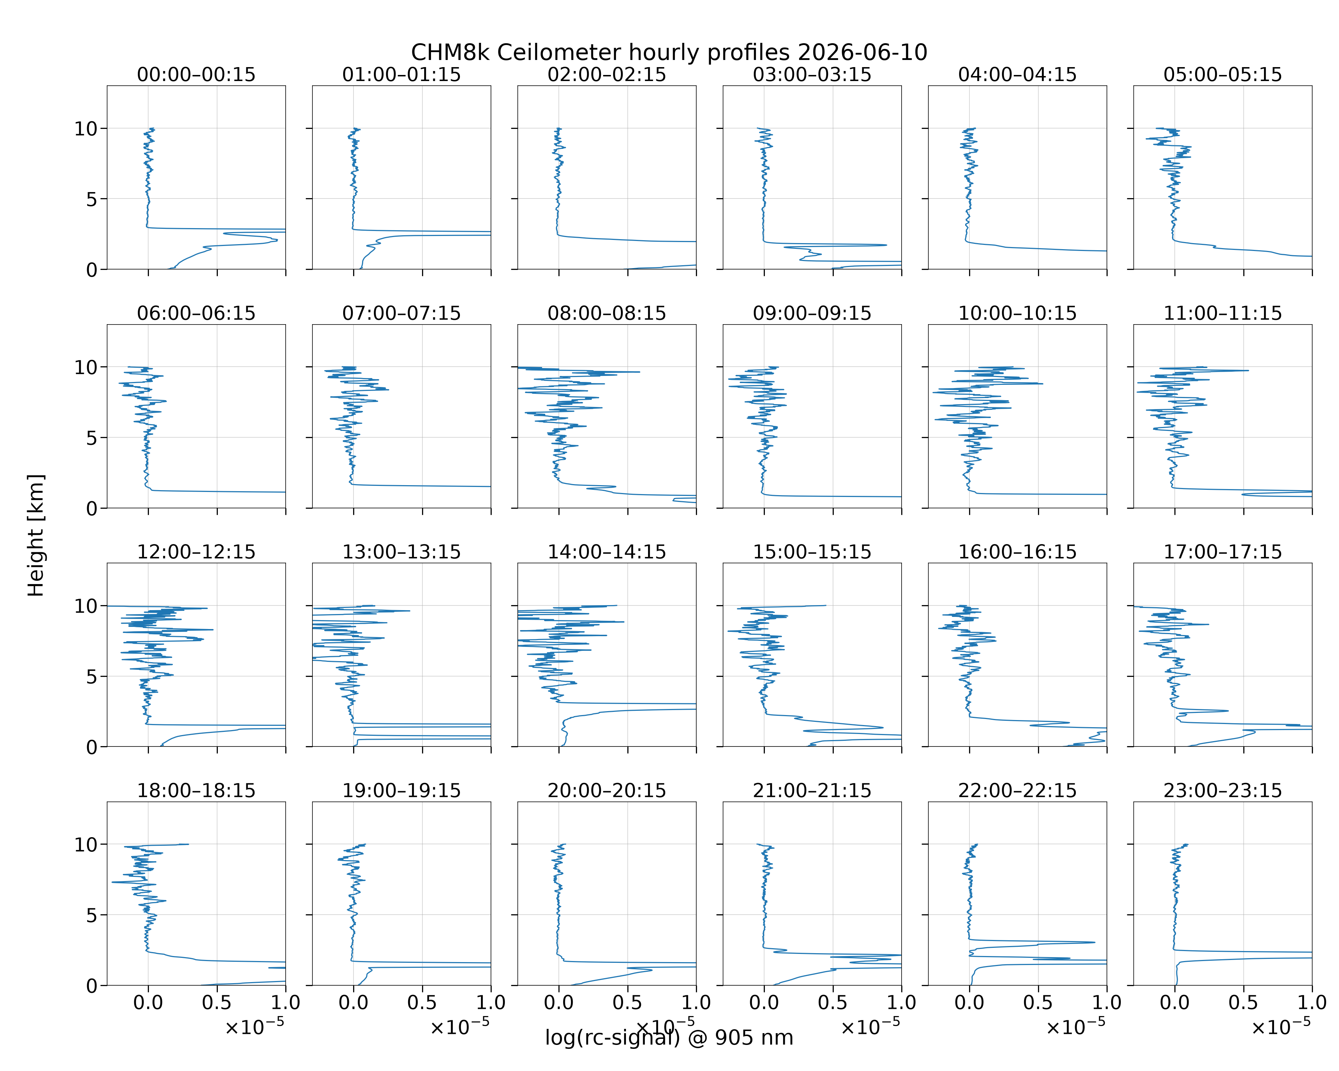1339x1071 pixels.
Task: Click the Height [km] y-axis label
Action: pyautogui.click(x=35, y=535)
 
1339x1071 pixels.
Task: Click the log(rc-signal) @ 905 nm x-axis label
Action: pyautogui.click(x=669, y=1037)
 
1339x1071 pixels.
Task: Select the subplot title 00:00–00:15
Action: pyautogui.click(x=196, y=75)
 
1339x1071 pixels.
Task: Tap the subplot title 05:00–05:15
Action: pyautogui.click(x=1222, y=75)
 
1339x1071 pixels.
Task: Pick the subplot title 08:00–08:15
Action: pyautogui.click(x=607, y=313)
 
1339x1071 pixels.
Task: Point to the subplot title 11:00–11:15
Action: pyautogui.click(x=1222, y=313)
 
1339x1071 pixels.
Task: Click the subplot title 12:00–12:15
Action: pyautogui.click(x=196, y=552)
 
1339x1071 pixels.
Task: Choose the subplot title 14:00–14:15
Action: pyautogui.click(x=607, y=552)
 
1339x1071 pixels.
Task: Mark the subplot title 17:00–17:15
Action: pyautogui.click(x=1222, y=552)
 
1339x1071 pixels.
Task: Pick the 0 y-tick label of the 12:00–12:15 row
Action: pyautogui.click(x=92, y=747)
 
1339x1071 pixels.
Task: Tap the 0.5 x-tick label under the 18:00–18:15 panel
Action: pyautogui.click(x=217, y=1002)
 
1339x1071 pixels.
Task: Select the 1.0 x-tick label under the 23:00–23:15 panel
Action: pyautogui.click(x=1312, y=1002)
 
